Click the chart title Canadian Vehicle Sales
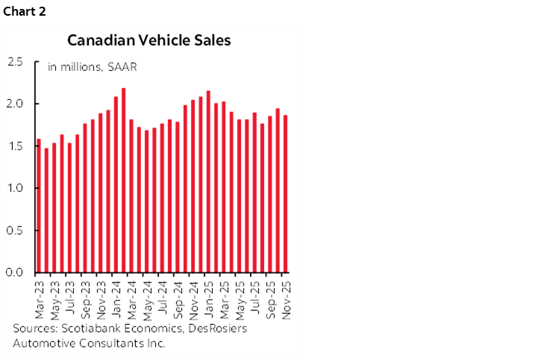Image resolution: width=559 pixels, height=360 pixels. click(149, 40)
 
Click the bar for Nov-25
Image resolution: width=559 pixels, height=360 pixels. click(284, 193)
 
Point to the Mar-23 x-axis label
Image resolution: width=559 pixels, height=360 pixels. click(39, 297)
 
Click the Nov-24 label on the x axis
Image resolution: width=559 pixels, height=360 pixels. click(193, 297)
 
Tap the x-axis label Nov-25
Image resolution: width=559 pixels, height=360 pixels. click(284, 297)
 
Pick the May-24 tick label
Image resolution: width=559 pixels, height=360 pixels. click(146, 297)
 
